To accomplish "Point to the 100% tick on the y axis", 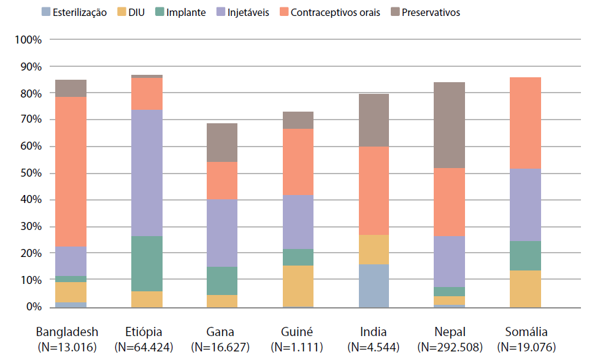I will pos(28,40).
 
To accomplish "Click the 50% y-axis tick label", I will pos(30,174).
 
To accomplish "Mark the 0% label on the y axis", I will pos(32,307).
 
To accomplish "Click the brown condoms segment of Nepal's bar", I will pos(448,125).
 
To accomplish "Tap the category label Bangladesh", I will pos(67,332).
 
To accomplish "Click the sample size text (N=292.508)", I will pos(450,347).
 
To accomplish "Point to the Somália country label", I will pos(526,332).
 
